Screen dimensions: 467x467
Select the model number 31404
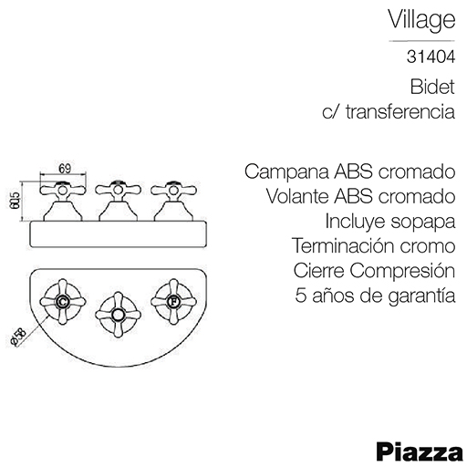(x=431, y=57)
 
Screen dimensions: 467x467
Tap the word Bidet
(x=432, y=87)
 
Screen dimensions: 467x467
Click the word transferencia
(x=400, y=111)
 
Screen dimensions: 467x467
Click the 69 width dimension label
(x=65, y=169)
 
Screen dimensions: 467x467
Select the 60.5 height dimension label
(x=15, y=201)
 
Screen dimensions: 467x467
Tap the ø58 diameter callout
(x=17, y=337)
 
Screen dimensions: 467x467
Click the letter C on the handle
(x=63, y=302)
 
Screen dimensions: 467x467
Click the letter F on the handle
(x=173, y=302)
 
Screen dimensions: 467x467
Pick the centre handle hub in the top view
(x=118, y=315)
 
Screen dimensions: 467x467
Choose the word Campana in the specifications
(x=286, y=172)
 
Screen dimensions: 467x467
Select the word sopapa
(x=423, y=223)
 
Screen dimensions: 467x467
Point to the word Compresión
(x=402, y=271)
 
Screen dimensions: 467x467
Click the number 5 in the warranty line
(x=300, y=296)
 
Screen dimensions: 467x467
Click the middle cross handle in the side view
(x=118, y=190)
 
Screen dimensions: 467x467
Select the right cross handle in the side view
(x=173, y=190)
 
